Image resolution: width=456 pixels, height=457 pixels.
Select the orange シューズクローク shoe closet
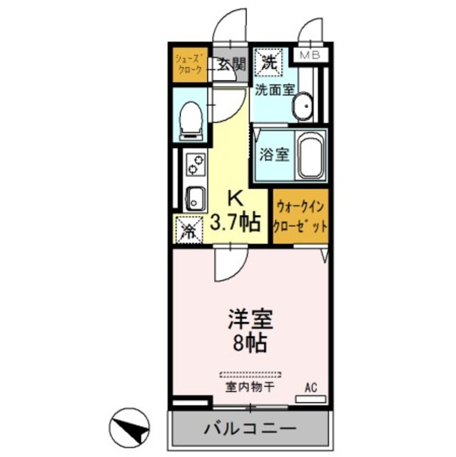pos(189,64)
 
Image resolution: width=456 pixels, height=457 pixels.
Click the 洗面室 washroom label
pos(274,91)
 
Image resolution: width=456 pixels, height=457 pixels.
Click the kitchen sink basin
pos(194,196)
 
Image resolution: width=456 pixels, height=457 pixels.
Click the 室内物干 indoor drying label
pos(250,387)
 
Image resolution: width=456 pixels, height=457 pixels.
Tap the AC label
pos(310,388)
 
